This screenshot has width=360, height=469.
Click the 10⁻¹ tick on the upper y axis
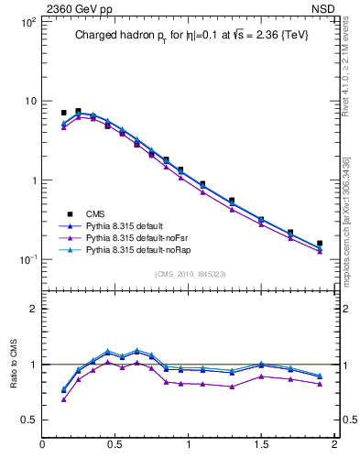point(26,259)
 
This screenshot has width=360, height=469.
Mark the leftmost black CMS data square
point(63,113)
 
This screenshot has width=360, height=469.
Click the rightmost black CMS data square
point(319,244)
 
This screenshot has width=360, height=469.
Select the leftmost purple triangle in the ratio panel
point(63,398)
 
